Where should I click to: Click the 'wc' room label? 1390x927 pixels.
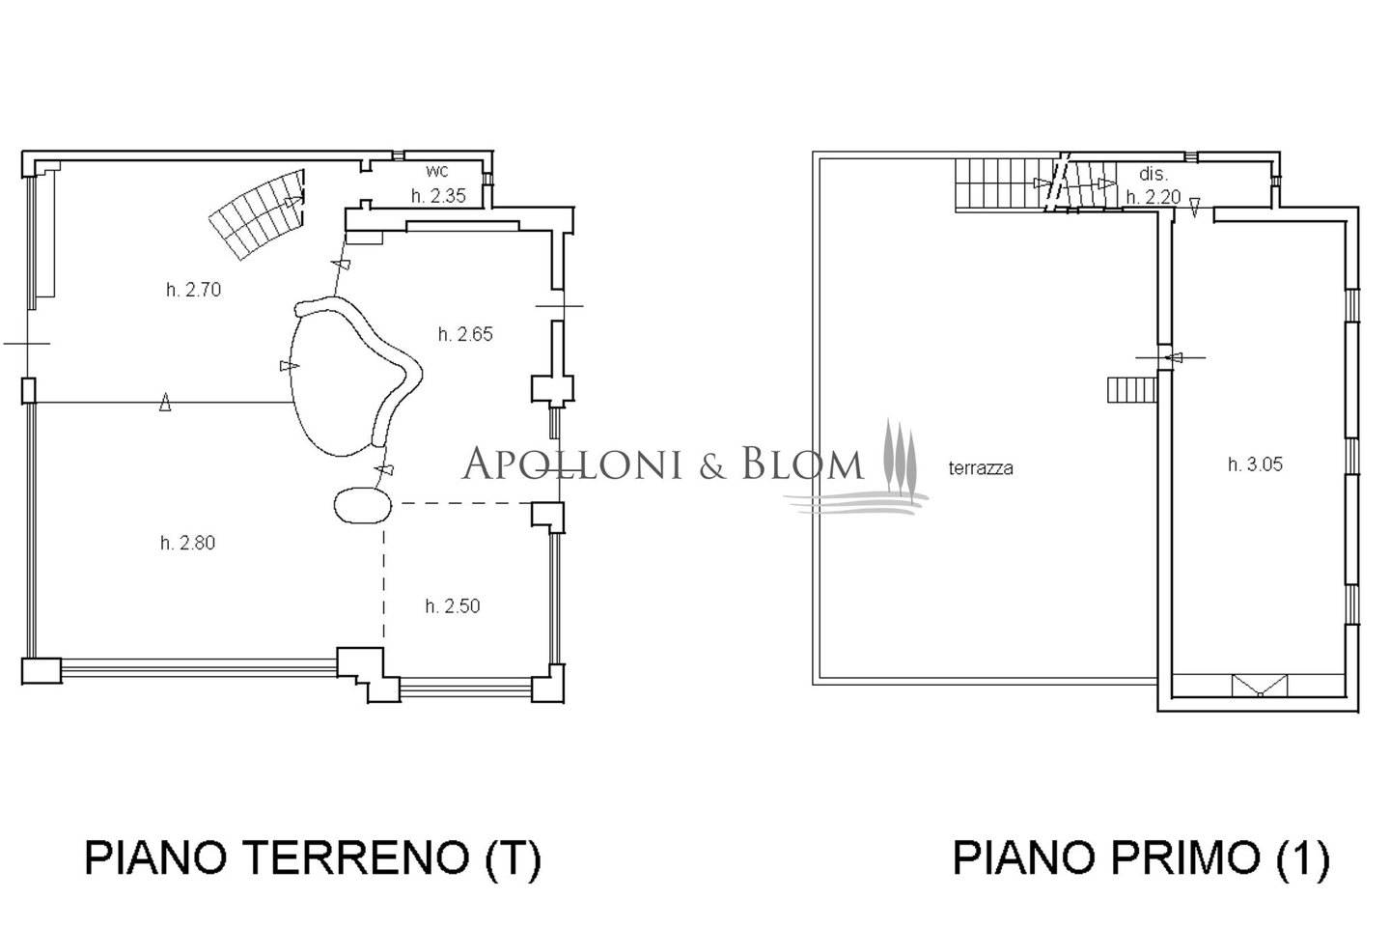[x=437, y=170]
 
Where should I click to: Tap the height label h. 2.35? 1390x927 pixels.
[x=438, y=196]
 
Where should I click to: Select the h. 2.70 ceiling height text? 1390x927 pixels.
[x=194, y=290]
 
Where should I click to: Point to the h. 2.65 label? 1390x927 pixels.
[x=465, y=335]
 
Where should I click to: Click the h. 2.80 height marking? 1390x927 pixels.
[x=187, y=544]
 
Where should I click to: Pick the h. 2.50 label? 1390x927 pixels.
[x=453, y=606]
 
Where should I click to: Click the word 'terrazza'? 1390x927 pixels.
[x=981, y=468]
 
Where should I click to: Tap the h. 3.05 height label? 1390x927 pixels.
[x=1255, y=464]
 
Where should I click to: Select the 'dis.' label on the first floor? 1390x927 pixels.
[x=1154, y=174]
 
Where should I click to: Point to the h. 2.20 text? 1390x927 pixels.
[x=1154, y=197]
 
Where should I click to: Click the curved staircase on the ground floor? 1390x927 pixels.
[x=258, y=214]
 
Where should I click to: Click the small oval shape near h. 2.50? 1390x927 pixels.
[x=363, y=505]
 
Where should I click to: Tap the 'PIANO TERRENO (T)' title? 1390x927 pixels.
[x=313, y=858]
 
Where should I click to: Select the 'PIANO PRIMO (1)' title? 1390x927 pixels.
[x=1141, y=858]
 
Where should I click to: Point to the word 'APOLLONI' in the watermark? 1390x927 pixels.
[x=573, y=463]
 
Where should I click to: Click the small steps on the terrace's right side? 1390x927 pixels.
[x=1132, y=390]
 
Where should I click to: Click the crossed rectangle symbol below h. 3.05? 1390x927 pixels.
[x=1260, y=686]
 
